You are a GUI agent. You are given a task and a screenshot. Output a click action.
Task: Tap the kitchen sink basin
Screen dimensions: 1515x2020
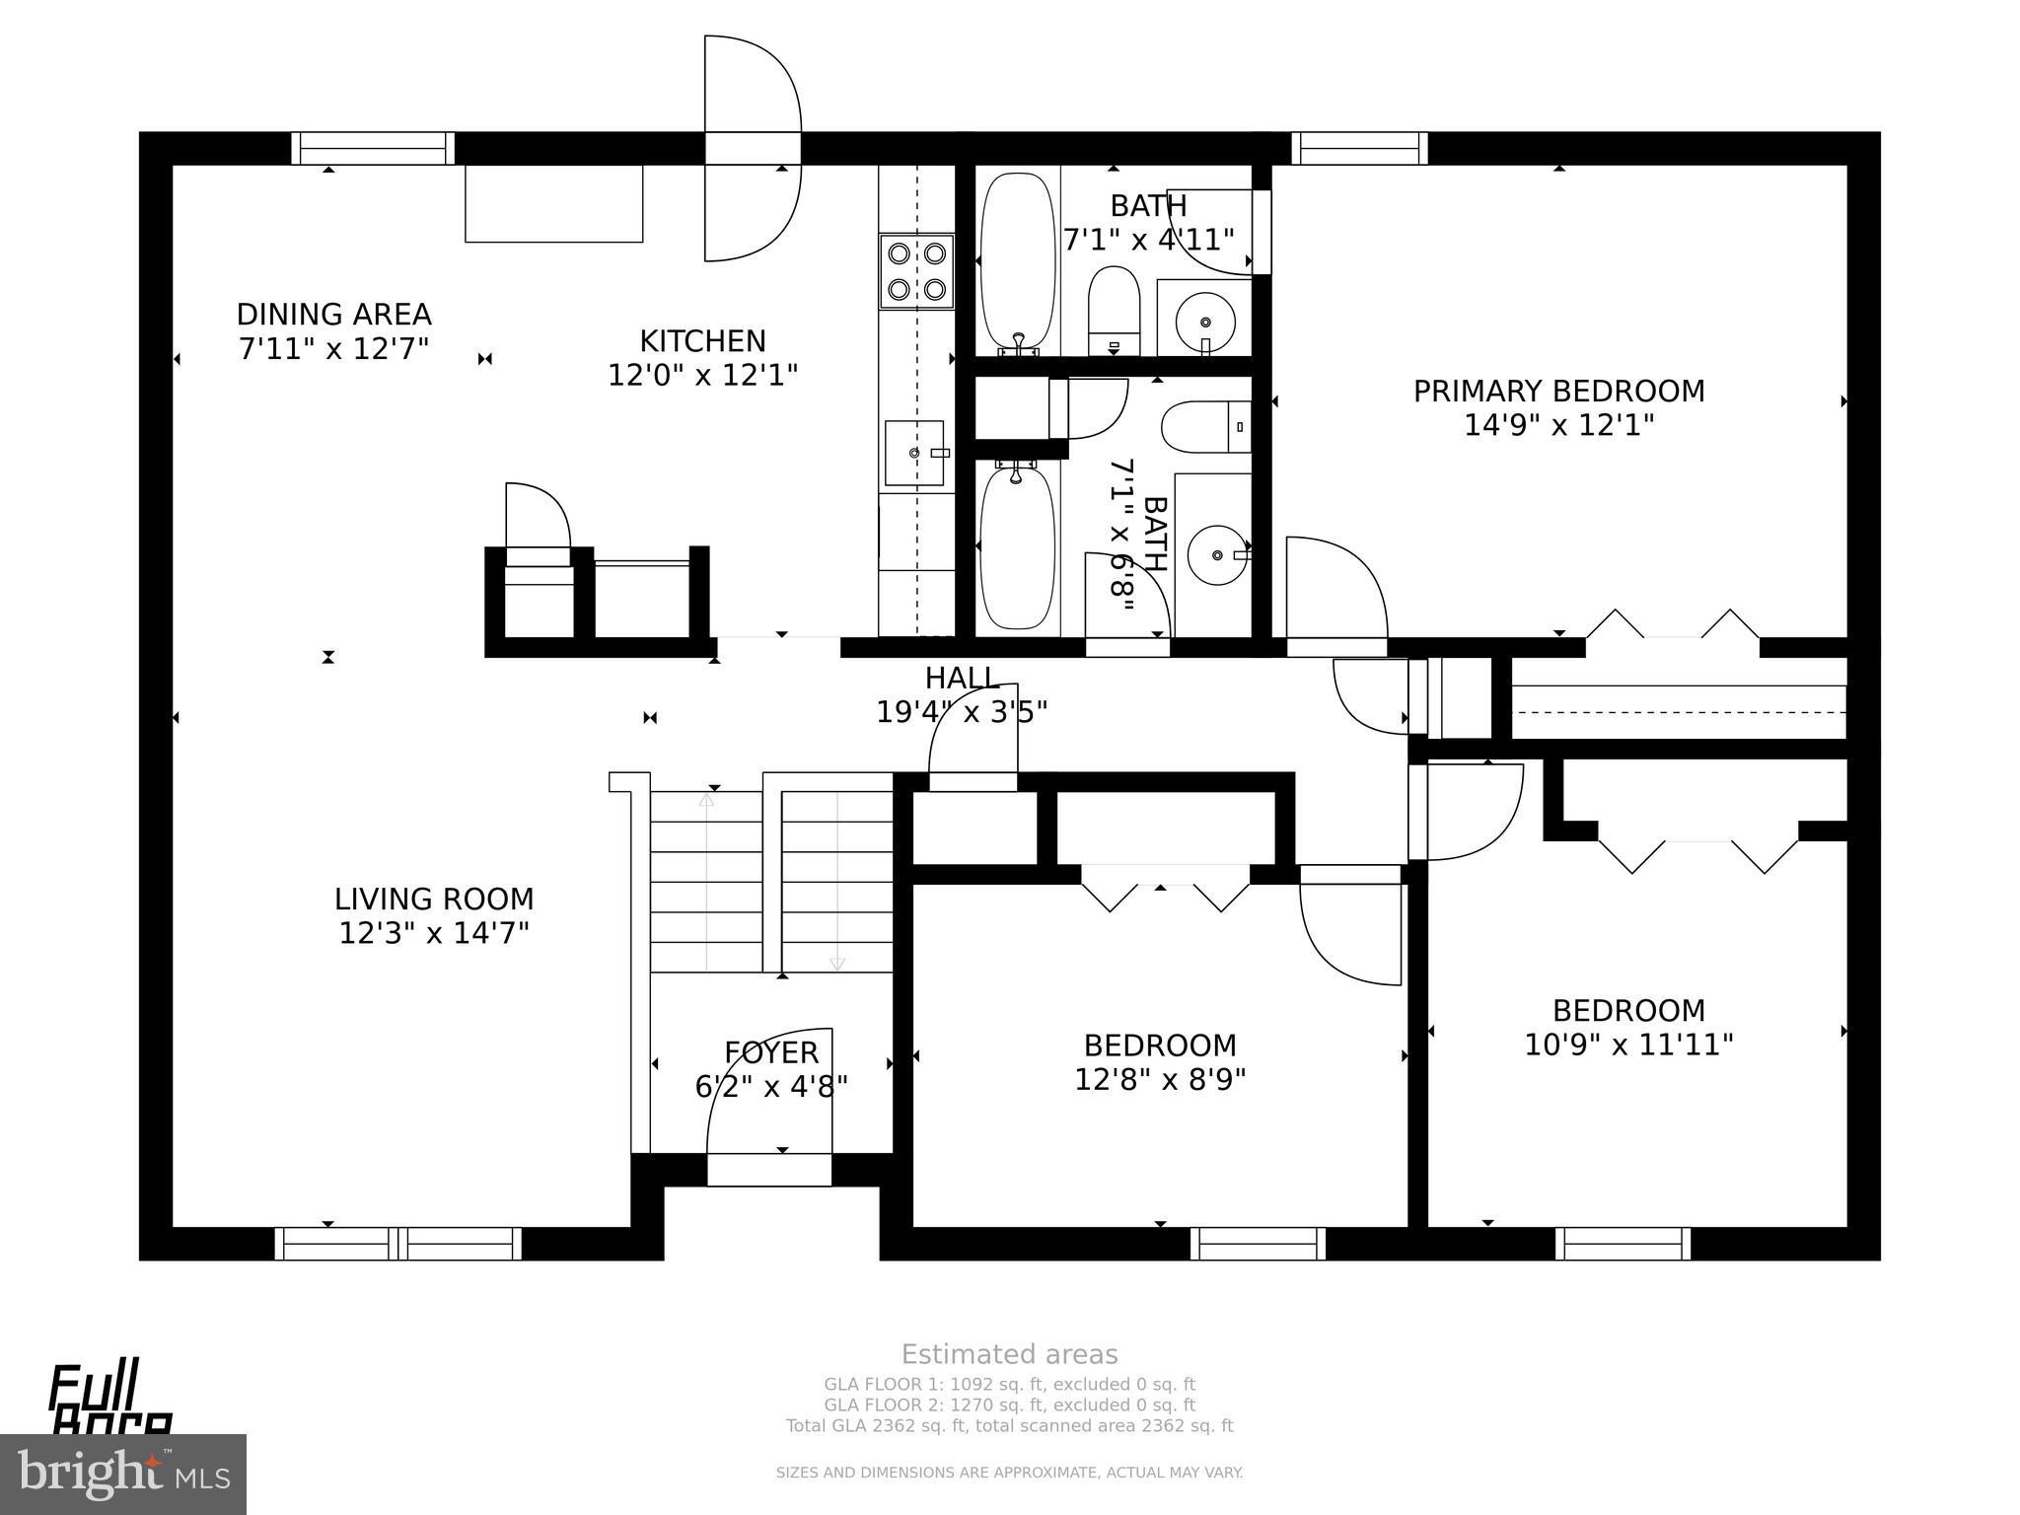point(913,453)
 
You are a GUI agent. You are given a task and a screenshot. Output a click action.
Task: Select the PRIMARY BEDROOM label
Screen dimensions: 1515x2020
point(1558,392)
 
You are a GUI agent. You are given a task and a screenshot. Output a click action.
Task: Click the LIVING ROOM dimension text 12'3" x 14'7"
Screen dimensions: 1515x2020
point(434,933)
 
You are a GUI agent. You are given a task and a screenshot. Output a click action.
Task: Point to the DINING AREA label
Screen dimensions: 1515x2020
point(333,315)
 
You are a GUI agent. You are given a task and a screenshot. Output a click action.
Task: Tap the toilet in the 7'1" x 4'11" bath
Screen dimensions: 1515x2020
point(1114,310)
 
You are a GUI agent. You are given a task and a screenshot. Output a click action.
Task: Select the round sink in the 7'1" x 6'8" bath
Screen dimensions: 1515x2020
point(1216,555)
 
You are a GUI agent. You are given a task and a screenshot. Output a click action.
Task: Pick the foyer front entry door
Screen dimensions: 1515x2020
point(769,1169)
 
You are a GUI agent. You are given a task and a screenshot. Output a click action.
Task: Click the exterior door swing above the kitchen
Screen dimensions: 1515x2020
point(752,148)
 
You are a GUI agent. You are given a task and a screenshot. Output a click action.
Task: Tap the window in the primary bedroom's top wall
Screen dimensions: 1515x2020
point(1359,148)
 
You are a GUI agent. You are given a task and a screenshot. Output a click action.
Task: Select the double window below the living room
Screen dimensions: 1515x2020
point(397,1244)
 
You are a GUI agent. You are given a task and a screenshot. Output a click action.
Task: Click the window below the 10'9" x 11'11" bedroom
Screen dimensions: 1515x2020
point(1623,1244)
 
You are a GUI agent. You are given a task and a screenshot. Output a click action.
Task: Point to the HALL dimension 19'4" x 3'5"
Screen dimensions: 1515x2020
point(962,712)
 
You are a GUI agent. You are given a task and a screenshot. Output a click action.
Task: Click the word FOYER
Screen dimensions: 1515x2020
point(771,1052)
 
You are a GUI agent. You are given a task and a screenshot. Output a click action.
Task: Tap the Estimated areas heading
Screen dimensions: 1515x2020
point(1009,1354)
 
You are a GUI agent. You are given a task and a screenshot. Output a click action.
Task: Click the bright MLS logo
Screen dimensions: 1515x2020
point(122,1474)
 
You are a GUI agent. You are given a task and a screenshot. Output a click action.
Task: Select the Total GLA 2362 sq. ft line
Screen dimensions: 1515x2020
point(1009,1425)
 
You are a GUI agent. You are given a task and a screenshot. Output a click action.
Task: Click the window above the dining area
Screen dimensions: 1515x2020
point(373,148)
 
